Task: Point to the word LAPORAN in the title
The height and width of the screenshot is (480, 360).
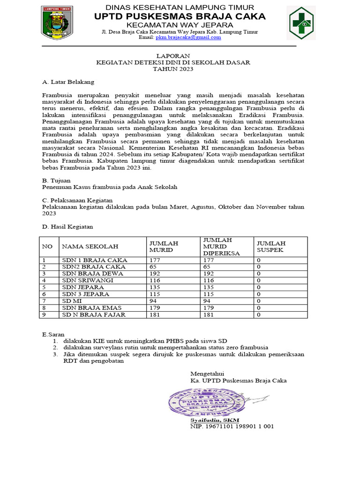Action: coord(173,55)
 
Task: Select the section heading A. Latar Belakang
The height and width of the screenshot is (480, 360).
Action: coord(68,82)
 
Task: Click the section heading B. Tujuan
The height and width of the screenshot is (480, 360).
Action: coord(56,180)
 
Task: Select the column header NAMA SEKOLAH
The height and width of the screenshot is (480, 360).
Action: coord(90,246)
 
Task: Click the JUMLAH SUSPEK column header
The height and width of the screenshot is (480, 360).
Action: coord(270,247)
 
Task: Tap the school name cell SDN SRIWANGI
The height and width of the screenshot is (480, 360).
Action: coord(88,280)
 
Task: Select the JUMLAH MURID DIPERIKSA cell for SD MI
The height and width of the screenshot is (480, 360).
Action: coord(208,300)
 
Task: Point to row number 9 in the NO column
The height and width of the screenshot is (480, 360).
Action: coord(44,315)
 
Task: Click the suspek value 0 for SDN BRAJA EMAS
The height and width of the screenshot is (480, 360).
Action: coord(258,307)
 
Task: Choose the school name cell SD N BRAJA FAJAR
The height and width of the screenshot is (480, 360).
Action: coord(94,315)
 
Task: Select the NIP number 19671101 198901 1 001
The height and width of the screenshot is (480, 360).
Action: coord(232,427)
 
